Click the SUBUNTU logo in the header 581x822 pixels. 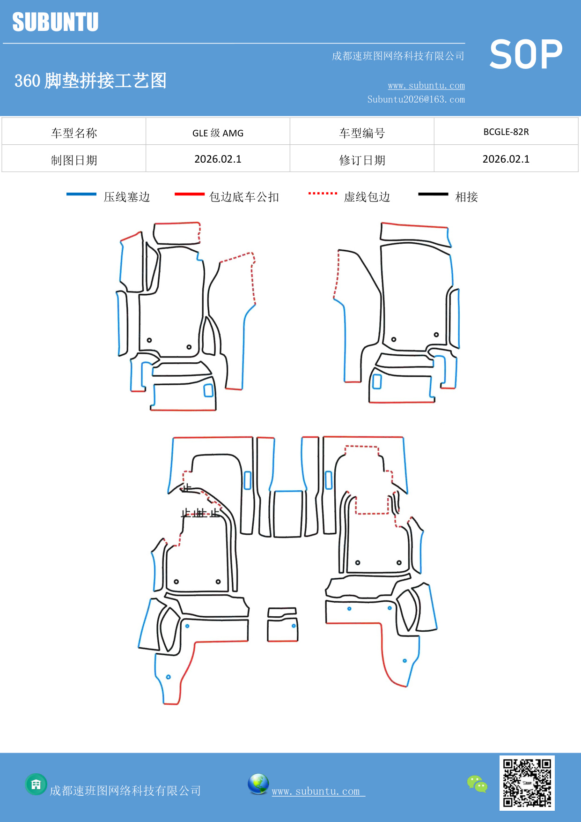pos(55,22)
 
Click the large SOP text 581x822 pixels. pos(525,54)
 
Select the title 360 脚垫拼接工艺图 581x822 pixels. pos(90,81)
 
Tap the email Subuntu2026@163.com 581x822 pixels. pos(416,99)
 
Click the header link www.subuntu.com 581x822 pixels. pos(426,85)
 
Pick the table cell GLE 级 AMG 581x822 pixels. pos(218,133)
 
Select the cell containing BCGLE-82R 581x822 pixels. pos(506,132)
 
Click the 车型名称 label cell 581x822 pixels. pos(74,133)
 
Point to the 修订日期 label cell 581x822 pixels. pos(362,160)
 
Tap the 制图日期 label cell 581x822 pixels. pos(74,160)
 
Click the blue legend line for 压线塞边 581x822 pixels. pos(81,194)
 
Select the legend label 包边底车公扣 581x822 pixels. pos(244,197)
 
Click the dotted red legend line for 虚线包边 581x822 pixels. pos(323,193)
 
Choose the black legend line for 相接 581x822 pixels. pos(433,194)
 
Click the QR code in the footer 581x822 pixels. pos(527,783)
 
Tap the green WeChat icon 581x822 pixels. pos(477,784)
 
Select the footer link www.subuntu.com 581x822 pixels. pos(316,791)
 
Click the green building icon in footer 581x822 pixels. pos(36,784)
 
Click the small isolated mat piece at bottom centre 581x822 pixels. pos(282,625)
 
